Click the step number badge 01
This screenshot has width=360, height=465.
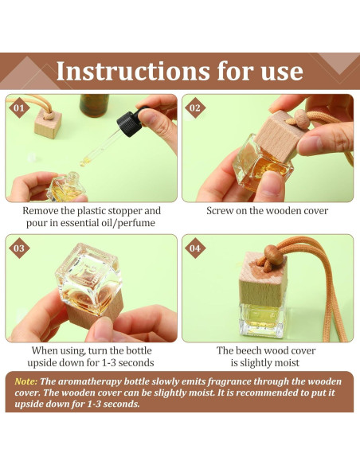(x=19, y=108)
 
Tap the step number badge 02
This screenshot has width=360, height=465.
(x=195, y=108)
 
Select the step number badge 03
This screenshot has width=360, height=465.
(x=19, y=248)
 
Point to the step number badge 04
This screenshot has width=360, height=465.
(x=195, y=248)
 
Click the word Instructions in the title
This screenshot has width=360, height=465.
(x=133, y=71)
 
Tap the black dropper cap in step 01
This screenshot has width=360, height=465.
(x=129, y=123)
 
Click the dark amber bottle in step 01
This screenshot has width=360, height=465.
(x=94, y=105)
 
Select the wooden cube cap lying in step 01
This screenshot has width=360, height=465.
(x=48, y=124)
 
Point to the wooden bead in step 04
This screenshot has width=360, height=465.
(x=273, y=255)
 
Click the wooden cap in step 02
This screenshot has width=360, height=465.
(x=276, y=136)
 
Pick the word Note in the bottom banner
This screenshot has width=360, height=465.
(x=26, y=381)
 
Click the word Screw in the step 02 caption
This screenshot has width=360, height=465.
(x=220, y=211)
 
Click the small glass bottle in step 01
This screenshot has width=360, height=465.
(x=66, y=187)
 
